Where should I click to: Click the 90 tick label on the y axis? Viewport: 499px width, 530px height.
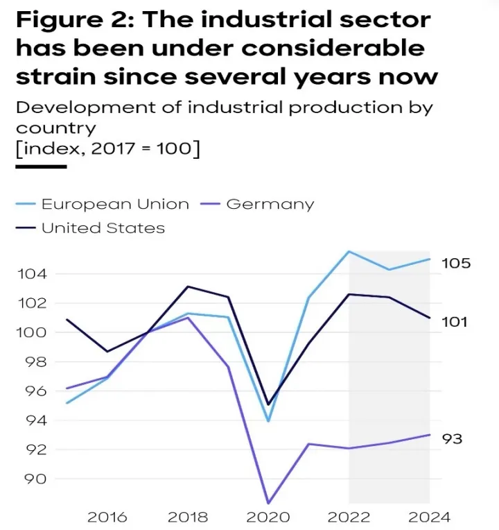(x=36, y=479)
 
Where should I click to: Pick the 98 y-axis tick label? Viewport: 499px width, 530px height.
(x=36, y=361)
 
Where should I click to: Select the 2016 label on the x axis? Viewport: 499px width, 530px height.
(x=107, y=517)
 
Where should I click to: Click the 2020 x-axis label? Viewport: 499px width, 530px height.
(x=268, y=517)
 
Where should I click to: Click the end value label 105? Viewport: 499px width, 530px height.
(x=457, y=264)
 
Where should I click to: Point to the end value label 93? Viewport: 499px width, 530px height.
(x=453, y=439)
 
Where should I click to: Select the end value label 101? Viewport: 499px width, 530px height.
(x=455, y=322)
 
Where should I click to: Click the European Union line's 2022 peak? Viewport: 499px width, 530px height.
(x=349, y=251)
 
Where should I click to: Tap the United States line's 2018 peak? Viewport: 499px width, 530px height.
(x=188, y=287)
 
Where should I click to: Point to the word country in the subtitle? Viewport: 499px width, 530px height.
(x=55, y=128)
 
